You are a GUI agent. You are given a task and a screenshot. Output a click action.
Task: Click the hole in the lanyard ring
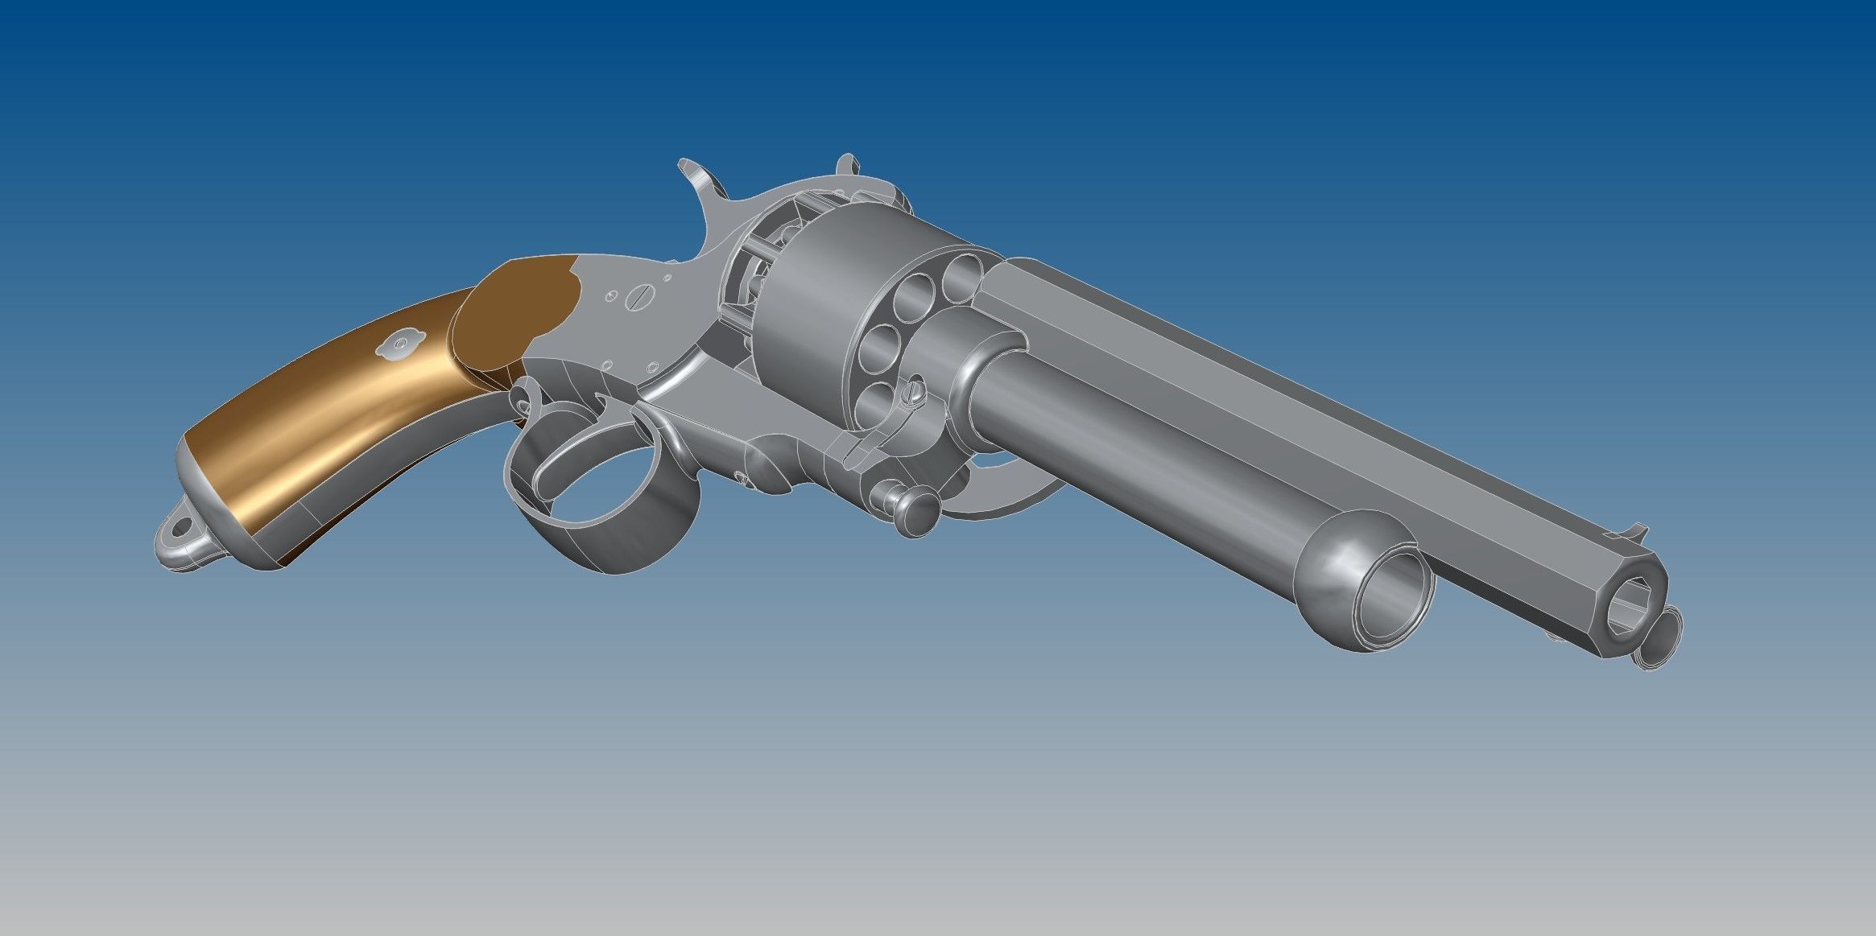click(181, 528)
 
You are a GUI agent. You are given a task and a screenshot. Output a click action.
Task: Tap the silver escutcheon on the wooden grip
click(399, 344)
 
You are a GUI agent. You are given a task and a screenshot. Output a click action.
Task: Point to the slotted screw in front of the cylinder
click(913, 394)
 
